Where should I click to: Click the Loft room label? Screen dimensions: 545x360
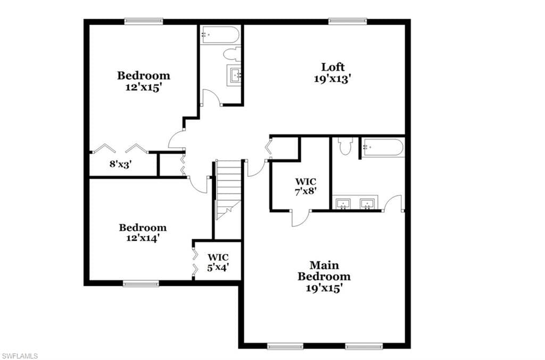[x=333, y=67]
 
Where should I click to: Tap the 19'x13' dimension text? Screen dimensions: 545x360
[x=331, y=79]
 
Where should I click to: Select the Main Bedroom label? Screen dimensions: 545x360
[x=324, y=271]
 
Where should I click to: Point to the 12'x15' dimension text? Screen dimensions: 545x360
[x=144, y=87]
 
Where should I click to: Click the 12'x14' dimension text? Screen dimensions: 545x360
[x=143, y=238]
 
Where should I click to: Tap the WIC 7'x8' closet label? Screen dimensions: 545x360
[x=306, y=186]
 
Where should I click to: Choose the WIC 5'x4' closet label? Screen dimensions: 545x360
[x=218, y=263]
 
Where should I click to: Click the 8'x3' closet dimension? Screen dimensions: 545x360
[x=120, y=164]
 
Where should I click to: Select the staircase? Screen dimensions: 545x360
[x=228, y=190]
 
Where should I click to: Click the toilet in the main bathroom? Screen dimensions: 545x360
[x=346, y=146]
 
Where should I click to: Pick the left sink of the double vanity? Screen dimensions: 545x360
[x=343, y=203]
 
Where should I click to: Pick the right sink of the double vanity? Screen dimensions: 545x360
[x=368, y=203]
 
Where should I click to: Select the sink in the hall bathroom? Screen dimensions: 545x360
[x=235, y=75]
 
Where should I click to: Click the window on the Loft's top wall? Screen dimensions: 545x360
[x=348, y=21]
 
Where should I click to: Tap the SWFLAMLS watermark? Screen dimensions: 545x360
[x=19, y=356]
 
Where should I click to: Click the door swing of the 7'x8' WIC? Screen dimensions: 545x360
[x=300, y=219]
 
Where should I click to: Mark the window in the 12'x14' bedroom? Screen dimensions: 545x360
[x=141, y=283]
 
